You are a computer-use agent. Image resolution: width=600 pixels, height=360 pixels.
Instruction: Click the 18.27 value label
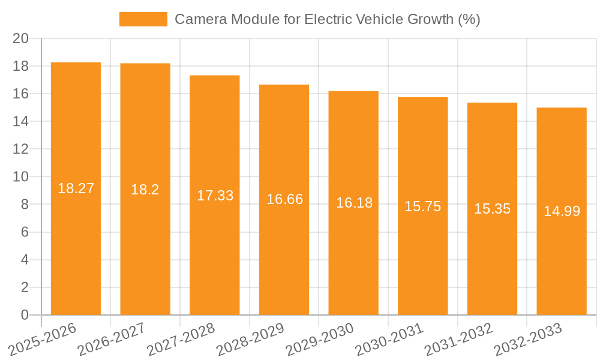pyautogui.click(x=76, y=188)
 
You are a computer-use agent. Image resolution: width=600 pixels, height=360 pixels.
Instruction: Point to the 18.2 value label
pyautogui.click(x=145, y=190)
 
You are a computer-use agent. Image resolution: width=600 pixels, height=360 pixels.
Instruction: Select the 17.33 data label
pyautogui.click(x=215, y=196)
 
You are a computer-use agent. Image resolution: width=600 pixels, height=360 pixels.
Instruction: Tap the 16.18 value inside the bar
pyautogui.click(x=354, y=203)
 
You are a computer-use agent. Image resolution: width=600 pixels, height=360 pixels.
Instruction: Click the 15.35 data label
pyautogui.click(x=492, y=209)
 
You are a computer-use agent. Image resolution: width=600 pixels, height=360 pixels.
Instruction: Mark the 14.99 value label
pyautogui.click(x=562, y=211)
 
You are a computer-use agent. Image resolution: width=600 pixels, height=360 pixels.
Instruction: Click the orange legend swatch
pyautogui.click(x=143, y=19)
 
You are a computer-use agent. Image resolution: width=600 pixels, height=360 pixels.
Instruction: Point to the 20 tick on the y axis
pyautogui.click(x=21, y=38)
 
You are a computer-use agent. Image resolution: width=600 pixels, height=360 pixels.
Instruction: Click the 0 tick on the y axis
pyautogui.click(x=25, y=315)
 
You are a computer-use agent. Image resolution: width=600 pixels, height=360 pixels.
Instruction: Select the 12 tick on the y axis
pyautogui.click(x=21, y=149)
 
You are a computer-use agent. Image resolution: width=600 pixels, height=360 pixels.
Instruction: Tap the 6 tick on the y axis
pyautogui.click(x=25, y=232)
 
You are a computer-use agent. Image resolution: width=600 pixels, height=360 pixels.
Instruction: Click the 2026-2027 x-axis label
pyautogui.click(x=112, y=339)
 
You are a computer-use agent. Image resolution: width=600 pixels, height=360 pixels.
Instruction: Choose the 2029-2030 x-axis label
pyautogui.click(x=320, y=339)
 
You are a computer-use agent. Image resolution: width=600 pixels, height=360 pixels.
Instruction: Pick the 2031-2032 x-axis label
pyautogui.click(x=459, y=339)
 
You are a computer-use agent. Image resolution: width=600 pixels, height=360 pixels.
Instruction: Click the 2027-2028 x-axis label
pyautogui.click(x=181, y=339)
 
